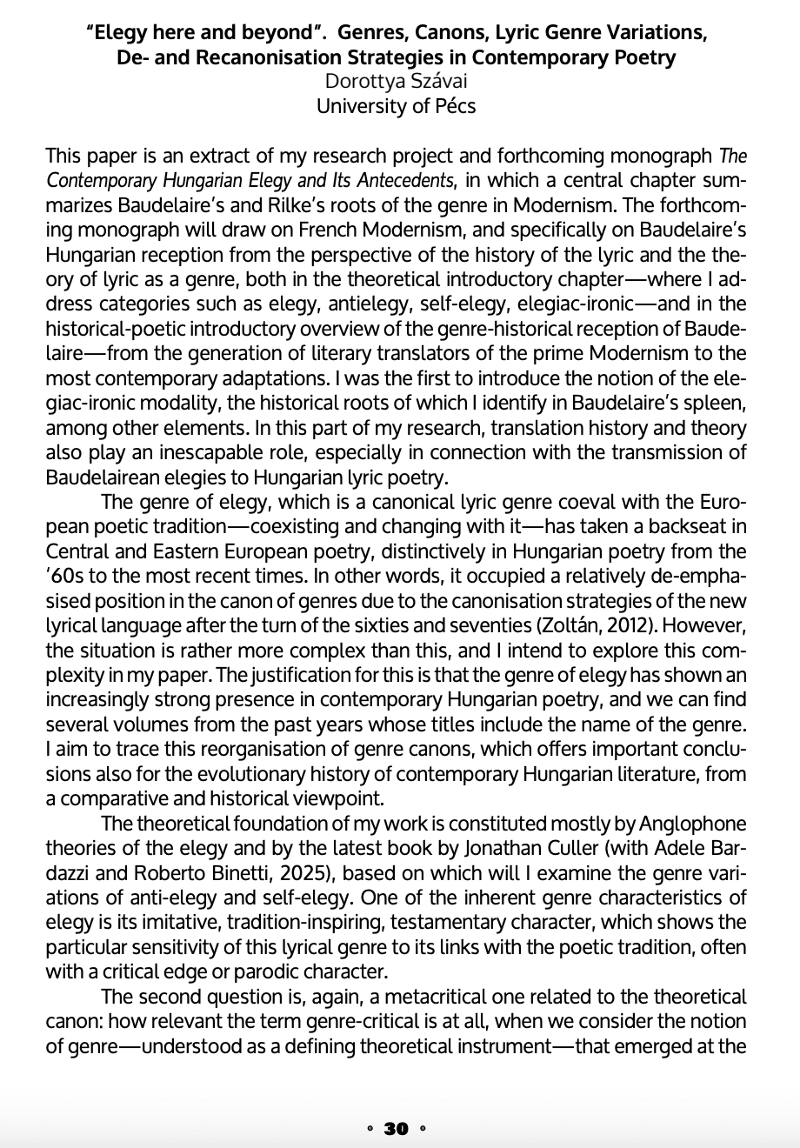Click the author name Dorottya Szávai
[396, 83]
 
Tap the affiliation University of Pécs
[396, 107]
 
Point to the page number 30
[396, 1129]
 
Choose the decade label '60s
[69, 575]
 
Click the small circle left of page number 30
[370, 1129]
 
